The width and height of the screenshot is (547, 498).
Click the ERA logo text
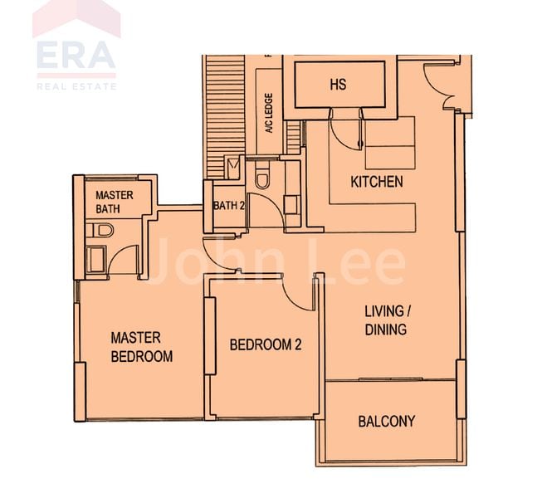click(76, 56)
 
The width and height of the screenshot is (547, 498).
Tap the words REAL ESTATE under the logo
click(76, 85)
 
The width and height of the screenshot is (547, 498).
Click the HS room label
click(338, 85)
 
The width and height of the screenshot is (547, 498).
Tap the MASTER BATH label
click(115, 202)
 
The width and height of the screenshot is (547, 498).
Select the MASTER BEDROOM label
click(142, 347)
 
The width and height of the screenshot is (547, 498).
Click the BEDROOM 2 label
click(265, 344)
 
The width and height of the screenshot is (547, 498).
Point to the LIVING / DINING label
click(386, 320)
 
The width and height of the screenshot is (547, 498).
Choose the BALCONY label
click(386, 421)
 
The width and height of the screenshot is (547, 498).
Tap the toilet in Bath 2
click(263, 178)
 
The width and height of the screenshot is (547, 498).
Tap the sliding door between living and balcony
click(390, 380)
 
